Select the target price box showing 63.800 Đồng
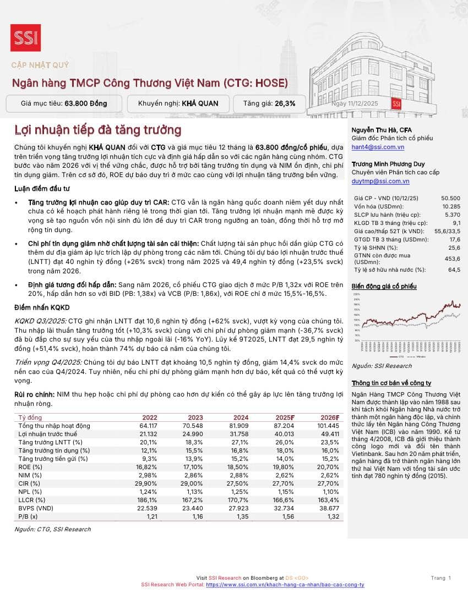click(x=64, y=103)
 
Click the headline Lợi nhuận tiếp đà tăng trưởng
click(x=97, y=130)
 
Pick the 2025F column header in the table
click(x=285, y=417)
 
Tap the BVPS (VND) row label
click(x=36, y=508)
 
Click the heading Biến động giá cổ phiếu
click(x=384, y=287)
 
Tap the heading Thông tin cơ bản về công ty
click(x=391, y=383)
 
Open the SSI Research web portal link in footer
click(x=285, y=585)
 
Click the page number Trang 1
click(x=441, y=577)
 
